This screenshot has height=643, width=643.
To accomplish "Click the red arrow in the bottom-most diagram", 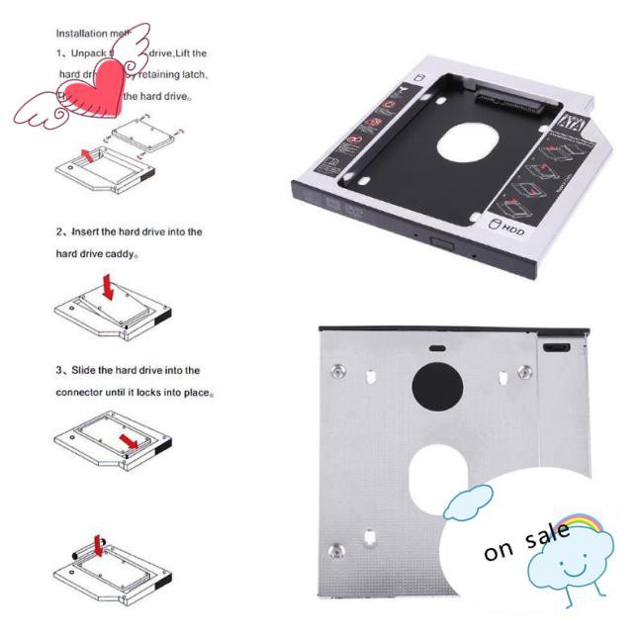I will [97, 547].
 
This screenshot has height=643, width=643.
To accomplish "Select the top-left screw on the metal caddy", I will [337, 371].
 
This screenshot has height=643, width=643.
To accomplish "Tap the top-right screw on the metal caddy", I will [523, 373].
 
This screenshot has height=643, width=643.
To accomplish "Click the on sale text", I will [526, 539].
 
